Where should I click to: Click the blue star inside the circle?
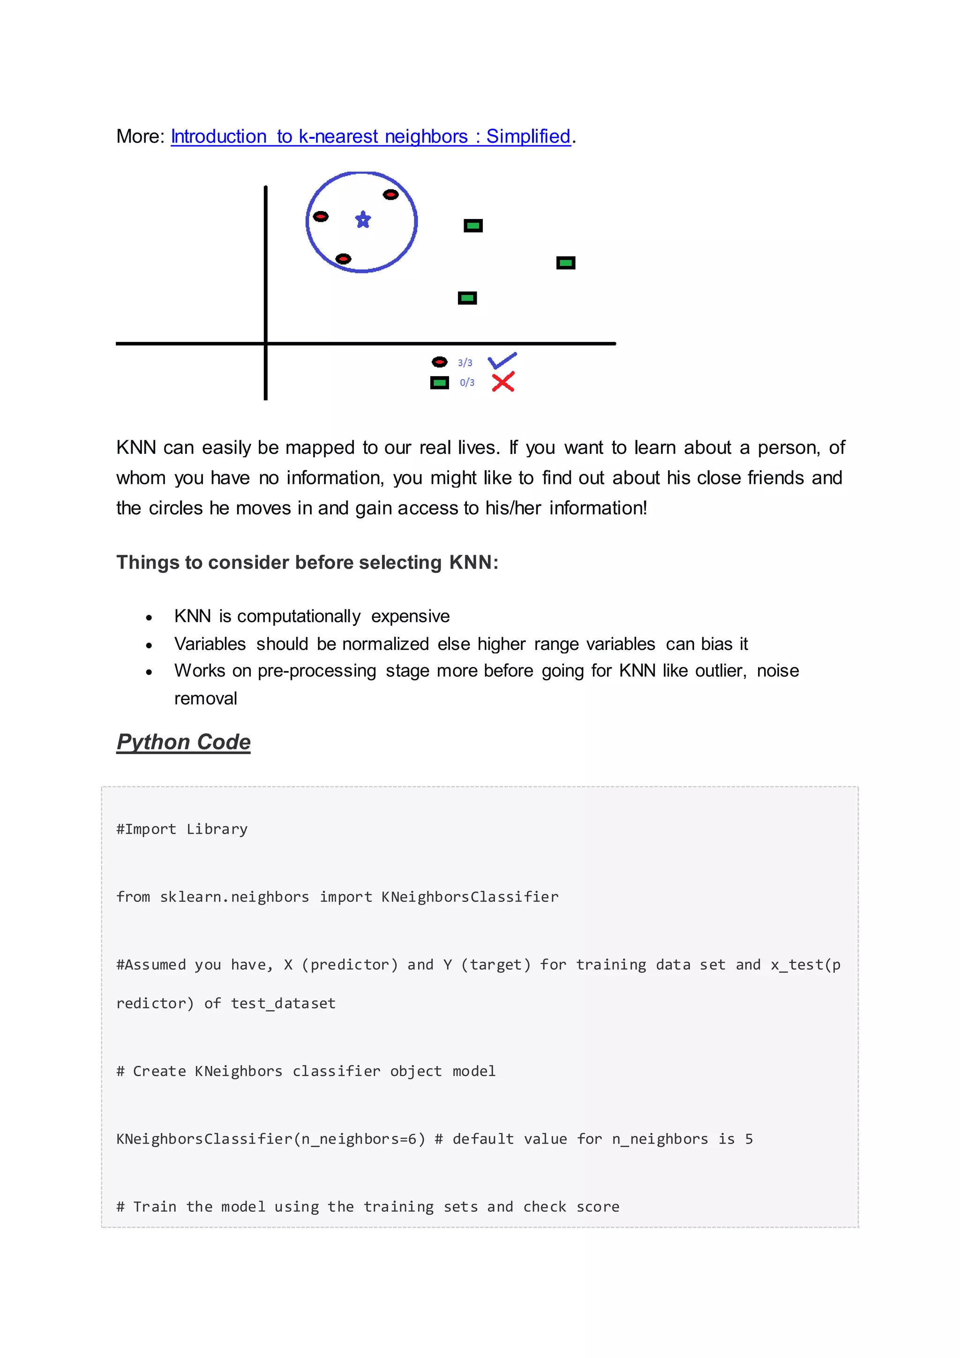363,219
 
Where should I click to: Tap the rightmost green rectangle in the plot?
566,263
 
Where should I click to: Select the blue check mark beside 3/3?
502,360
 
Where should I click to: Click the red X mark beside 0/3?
503,382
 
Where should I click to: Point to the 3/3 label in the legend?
465,362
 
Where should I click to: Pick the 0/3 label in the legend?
467,383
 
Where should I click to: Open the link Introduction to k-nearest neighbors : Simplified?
371,136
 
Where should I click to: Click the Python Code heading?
183,742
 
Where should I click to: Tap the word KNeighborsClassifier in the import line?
470,897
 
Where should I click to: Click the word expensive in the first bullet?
410,616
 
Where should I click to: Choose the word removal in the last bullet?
206,699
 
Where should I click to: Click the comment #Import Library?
182,829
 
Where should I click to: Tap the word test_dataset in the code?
283,1003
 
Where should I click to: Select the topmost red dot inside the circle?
391,195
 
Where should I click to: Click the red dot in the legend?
439,362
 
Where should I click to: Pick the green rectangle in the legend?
439,383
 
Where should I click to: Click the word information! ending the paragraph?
598,508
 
